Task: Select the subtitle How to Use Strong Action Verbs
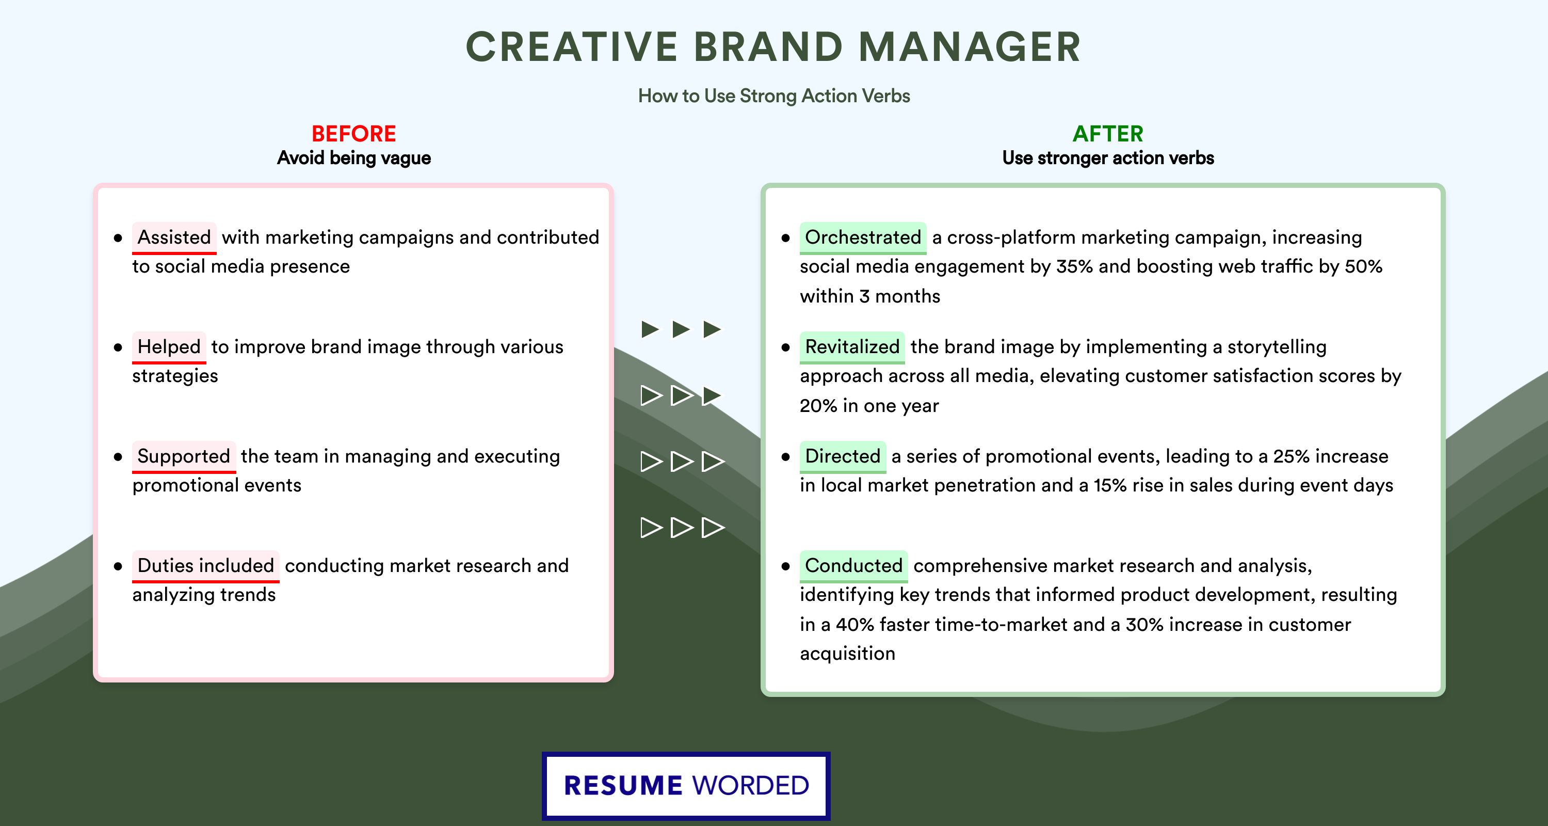774,96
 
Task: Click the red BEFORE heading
354,134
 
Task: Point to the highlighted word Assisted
174,237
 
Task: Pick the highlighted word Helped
169,347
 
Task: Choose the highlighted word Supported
184,456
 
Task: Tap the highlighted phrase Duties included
205,566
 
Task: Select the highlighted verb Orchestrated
863,237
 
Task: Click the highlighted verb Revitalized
852,347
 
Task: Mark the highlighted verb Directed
843,456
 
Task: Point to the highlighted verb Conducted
853,566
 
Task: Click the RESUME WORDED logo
686,786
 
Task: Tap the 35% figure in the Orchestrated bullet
1074,266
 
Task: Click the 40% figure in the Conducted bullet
854,625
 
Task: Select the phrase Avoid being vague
354,158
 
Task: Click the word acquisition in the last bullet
847,654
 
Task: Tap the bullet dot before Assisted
118,238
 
